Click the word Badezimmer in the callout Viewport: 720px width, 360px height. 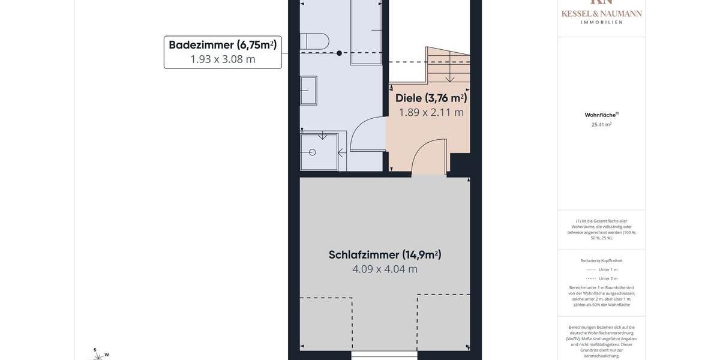tap(202, 45)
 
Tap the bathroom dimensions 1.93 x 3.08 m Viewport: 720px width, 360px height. tap(223, 59)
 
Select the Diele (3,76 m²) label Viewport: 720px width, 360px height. tap(431, 98)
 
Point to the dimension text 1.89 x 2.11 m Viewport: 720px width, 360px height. tap(431, 112)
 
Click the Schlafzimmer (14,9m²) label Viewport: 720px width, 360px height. tap(385, 255)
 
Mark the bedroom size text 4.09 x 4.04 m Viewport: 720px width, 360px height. tap(385, 269)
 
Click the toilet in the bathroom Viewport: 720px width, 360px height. tap(315, 41)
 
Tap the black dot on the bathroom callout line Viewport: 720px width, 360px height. tap(339, 53)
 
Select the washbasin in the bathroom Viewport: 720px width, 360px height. tap(308, 90)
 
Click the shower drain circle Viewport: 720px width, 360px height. tap(312, 152)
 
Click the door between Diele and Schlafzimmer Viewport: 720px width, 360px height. tap(428, 157)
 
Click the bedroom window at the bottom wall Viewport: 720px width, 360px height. tap(384, 355)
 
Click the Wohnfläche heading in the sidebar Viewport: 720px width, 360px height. tap(601, 115)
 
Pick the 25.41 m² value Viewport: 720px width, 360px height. tap(601, 125)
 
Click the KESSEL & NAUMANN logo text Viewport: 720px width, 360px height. tap(601, 13)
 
